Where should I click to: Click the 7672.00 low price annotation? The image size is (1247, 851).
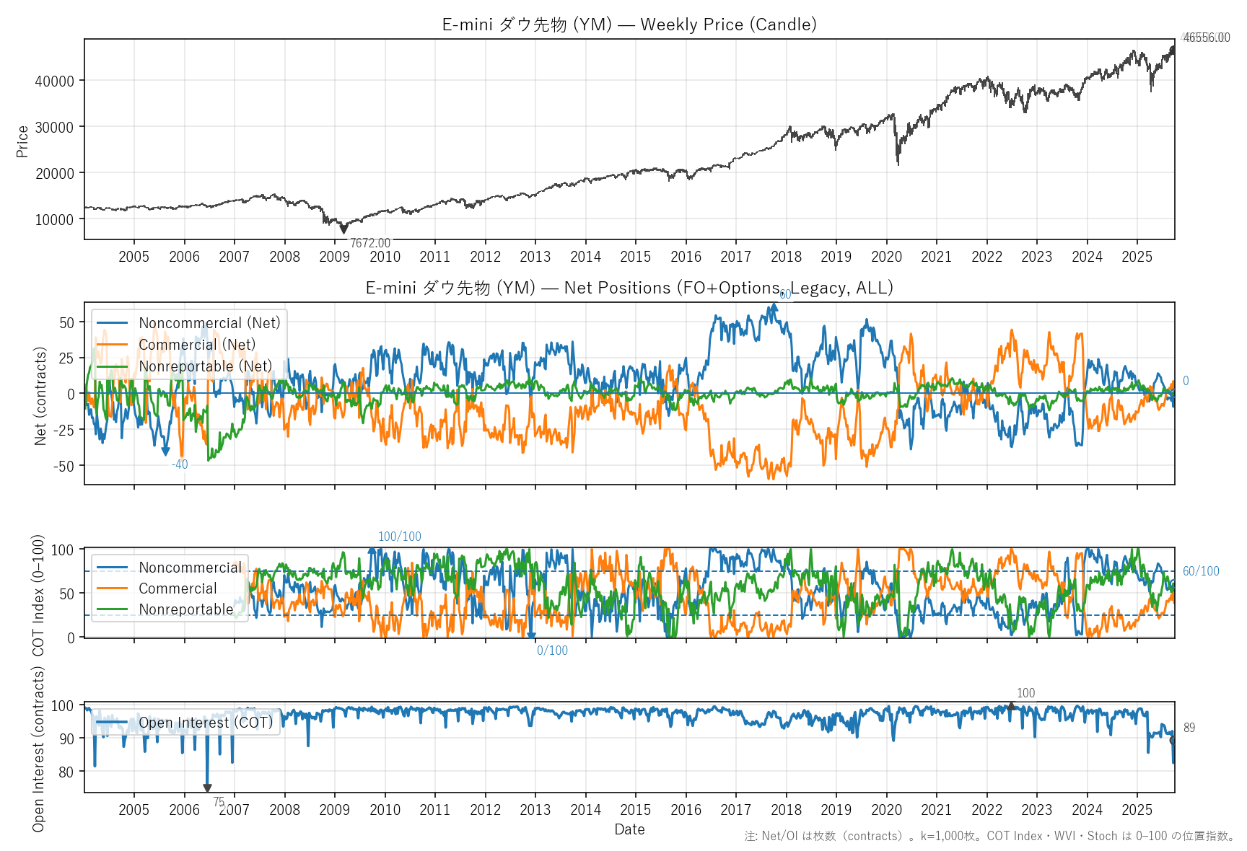369,243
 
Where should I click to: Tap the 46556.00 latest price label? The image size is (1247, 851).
1206,38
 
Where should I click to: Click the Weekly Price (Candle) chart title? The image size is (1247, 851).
629,25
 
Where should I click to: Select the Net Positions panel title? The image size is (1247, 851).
629,288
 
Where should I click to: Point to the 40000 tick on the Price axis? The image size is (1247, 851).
55,81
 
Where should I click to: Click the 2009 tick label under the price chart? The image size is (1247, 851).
335,257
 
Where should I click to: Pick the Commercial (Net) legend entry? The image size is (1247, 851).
196,345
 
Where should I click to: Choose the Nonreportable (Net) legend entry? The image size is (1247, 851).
205,366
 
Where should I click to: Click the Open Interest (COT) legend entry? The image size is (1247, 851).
206,723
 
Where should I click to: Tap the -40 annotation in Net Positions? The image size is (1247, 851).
180,464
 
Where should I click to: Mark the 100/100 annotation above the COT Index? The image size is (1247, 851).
400,537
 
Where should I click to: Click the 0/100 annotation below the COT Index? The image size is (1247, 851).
552,651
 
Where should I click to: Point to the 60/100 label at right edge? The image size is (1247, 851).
1201,571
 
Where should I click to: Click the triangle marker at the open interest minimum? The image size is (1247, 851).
207,788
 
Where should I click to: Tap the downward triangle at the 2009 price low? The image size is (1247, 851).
344,229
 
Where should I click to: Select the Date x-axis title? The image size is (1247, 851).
629,829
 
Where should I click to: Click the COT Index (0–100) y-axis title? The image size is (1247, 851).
38,595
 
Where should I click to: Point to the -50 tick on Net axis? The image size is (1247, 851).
64,466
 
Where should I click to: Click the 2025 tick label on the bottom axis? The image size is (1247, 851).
1137,810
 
